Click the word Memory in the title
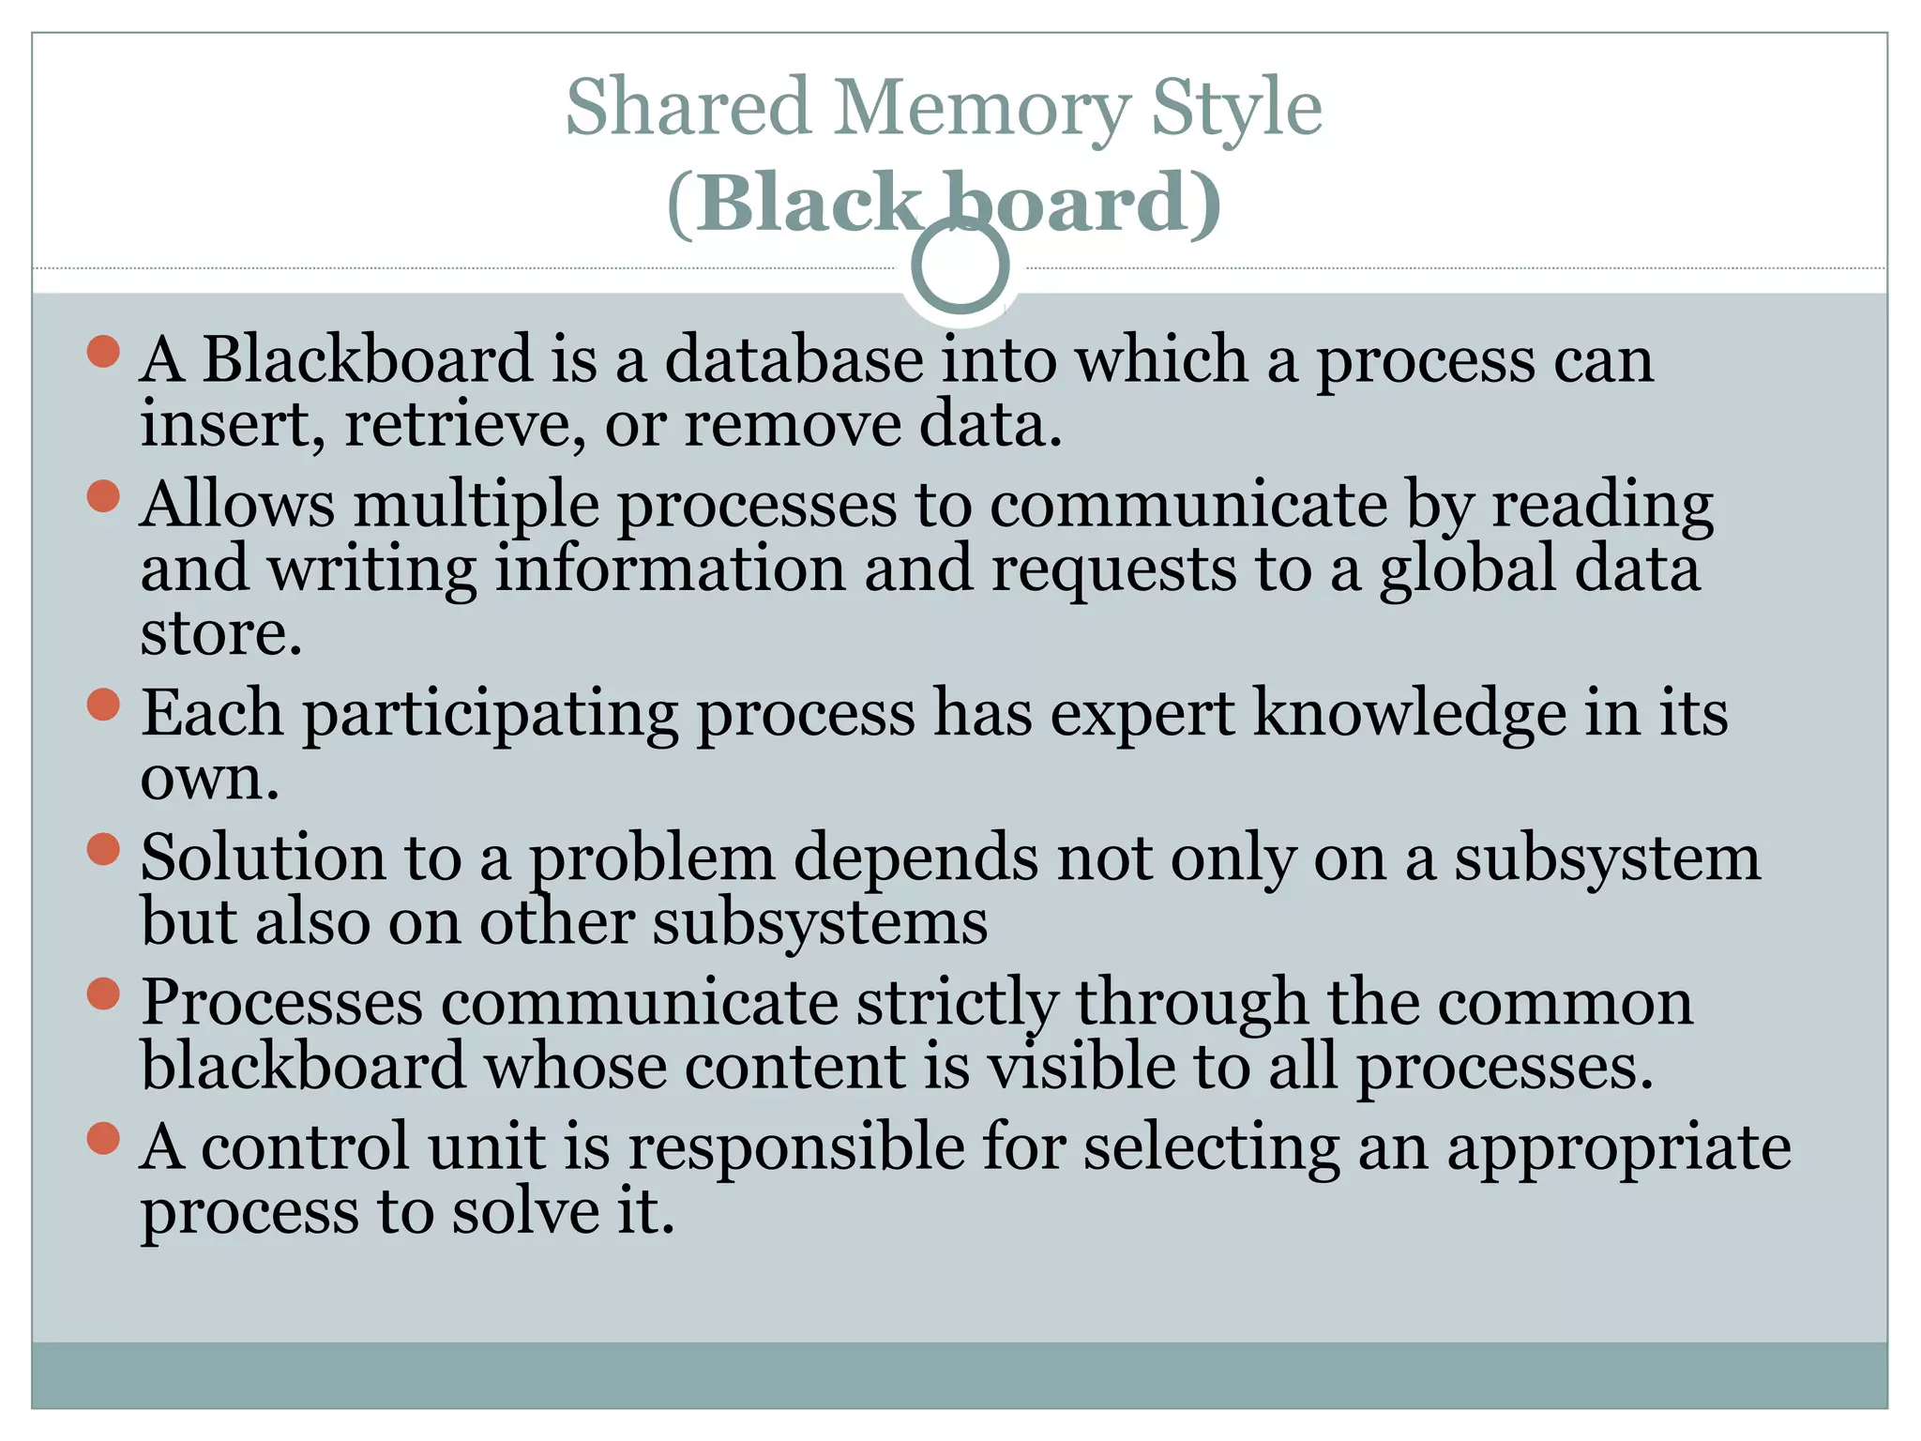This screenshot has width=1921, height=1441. click(981, 109)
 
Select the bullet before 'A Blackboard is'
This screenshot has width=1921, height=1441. click(103, 352)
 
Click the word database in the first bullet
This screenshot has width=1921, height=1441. click(794, 360)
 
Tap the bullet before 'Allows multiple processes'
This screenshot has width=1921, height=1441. click(103, 496)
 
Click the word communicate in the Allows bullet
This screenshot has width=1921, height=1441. click(1188, 506)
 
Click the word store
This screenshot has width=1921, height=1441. click(221, 634)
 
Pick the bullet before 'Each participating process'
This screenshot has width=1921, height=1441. click(103, 705)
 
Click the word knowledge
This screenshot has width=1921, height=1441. click(1410, 713)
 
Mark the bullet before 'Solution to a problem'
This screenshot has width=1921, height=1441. click(103, 849)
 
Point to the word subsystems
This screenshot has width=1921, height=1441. click(821, 923)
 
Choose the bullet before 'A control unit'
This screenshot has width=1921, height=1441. click(103, 1139)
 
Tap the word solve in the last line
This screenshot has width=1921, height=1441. click(524, 1212)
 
